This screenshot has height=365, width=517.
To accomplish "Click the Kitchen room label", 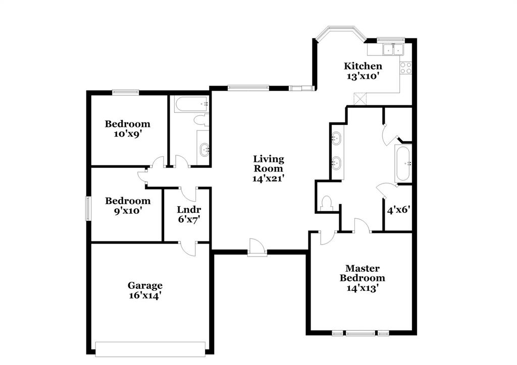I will (363, 66).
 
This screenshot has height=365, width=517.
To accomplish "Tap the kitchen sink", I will (392, 49).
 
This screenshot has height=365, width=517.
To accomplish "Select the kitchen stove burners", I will (406, 68).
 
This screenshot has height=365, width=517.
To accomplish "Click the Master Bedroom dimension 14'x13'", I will (362, 288).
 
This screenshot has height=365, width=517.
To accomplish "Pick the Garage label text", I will (145, 285).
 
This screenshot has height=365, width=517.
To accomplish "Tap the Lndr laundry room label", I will (186, 210).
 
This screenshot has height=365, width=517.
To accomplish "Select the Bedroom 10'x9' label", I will (127, 124).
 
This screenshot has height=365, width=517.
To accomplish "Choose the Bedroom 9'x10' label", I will (127, 201).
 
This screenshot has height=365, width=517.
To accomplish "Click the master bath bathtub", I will (403, 163).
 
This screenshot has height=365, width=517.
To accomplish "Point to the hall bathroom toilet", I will (201, 120).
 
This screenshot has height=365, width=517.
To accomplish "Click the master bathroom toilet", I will (326, 203).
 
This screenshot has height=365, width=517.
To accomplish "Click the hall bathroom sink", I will (204, 149).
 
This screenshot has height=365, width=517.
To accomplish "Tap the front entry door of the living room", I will (256, 248).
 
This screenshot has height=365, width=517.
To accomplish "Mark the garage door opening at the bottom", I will (150, 349).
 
